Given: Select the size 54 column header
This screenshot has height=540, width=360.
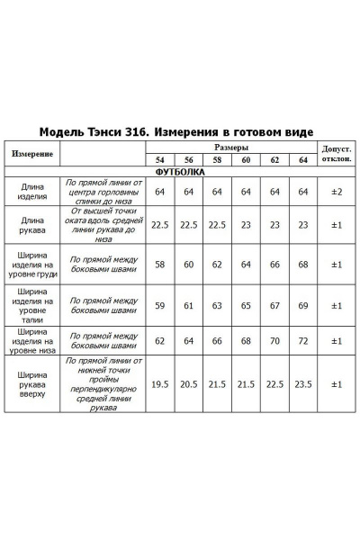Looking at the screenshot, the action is [x=160, y=160].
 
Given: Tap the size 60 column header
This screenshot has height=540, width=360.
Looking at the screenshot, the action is [x=246, y=160].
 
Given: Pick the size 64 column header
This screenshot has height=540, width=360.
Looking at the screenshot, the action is [x=303, y=160].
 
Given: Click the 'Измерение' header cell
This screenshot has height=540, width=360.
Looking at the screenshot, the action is [x=32, y=153].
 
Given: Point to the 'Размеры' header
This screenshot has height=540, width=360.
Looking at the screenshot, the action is [x=231, y=147].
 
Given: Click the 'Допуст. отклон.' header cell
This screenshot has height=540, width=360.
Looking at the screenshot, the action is [x=336, y=153].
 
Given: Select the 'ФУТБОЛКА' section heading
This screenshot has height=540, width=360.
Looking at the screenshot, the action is [x=180, y=171].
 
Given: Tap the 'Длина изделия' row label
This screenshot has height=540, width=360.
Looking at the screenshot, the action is [x=32, y=192].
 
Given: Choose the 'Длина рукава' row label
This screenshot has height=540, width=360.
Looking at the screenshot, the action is [x=32, y=225].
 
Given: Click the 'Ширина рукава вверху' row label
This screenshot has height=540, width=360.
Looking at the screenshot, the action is [x=32, y=383].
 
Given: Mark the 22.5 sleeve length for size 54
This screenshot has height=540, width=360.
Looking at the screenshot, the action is [x=160, y=225].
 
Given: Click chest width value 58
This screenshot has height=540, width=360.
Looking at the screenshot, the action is [x=160, y=265].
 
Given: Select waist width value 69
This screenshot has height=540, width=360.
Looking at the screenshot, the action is [x=303, y=305].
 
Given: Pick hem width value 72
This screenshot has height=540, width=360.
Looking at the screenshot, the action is [x=303, y=342].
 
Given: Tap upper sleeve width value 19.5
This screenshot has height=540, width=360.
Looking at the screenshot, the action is [x=160, y=383].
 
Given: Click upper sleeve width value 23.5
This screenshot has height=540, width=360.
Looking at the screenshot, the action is [x=303, y=383].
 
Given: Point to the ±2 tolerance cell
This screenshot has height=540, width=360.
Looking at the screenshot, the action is [x=336, y=192].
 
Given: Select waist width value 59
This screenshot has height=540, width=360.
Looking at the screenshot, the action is [x=160, y=305].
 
